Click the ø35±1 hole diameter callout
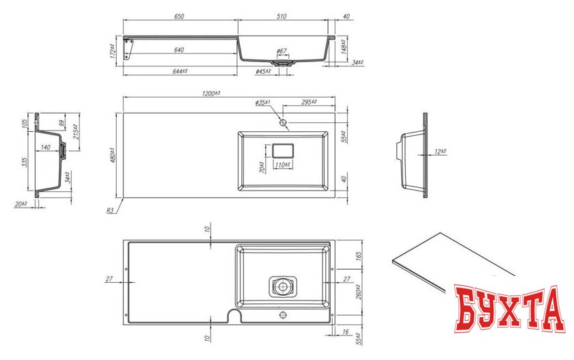click(x=264, y=102)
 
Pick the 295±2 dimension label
click(x=304, y=102)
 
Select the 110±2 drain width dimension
click(x=283, y=166)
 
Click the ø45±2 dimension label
click(x=264, y=71)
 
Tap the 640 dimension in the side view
click(x=180, y=49)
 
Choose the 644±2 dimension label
click(x=180, y=71)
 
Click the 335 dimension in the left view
click(x=24, y=162)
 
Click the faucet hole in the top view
click(x=284, y=123)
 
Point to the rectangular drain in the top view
click(x=282, y=150)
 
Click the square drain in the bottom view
click(x=282, y=286)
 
